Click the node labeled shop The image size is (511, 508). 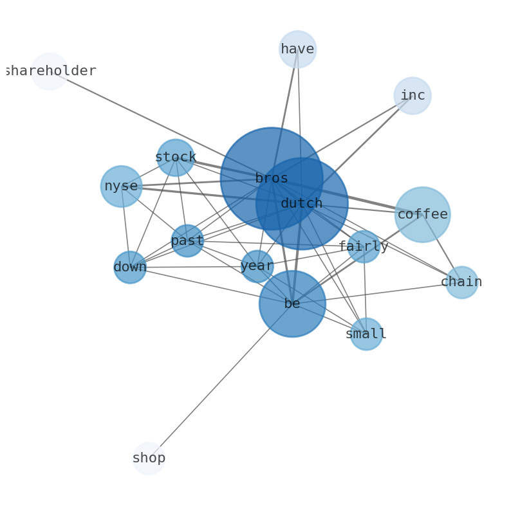pos(149,458)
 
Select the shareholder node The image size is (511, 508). pos(50,71)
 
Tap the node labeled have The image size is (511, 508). pos(297,50)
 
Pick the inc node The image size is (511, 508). pos(413,96)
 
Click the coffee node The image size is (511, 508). pos(423,215)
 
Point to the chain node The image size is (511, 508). pos(462,282)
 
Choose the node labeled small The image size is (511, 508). pos(366,334)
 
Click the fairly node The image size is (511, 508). pos(364,246)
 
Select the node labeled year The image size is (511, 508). pos(257,266)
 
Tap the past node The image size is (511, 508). pos(187,241)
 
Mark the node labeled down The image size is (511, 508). pos(130,268)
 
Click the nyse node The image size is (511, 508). pos(122,186)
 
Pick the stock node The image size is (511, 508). pos(176,158)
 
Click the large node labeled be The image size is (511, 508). pos(292,304)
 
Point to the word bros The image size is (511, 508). pos(272,179)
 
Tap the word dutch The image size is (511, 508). pos(302,204)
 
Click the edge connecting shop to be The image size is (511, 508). pos(221,381)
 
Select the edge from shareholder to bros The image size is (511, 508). pos(161,125)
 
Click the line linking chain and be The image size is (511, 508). pos(377,293)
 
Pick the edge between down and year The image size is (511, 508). pos(194,267)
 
